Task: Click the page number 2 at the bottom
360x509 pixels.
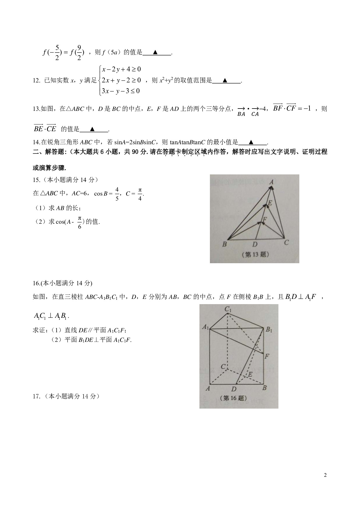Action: click(x=325, y=475)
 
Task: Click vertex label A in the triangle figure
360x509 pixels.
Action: click(x=271, y=182)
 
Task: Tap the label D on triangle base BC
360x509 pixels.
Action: click(x=255, y=244)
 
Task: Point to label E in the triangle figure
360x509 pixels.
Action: click(x=270, y=203)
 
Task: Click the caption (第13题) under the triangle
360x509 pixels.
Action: click(x=255, y=255)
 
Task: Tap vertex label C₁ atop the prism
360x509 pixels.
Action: click(x=228, y=309)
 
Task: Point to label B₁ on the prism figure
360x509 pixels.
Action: click(x=269, y=330)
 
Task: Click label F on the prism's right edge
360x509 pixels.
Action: click(x=267, y=356)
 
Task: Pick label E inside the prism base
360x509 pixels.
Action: click(x=250, y=374)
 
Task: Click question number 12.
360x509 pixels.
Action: click(x=36, y=81)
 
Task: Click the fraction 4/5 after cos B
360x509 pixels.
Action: click(x=117, y=194)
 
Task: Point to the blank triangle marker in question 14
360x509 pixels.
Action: click(x=251, y=142)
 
